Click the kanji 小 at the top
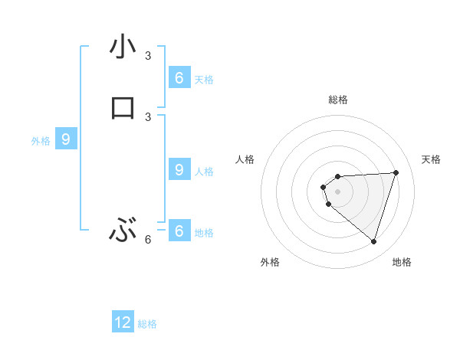tap(123, 47)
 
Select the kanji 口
tap(123, 108)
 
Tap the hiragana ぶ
tap(123, 230)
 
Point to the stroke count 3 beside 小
tap(148, 56)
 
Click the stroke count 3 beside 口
tap(148, 116)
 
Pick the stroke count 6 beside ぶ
tap(148, 239)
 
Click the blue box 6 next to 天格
tap(179, 77)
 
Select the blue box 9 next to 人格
tap(179, 169)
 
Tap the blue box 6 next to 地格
tap(179, 231)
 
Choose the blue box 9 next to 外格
tap(66, 139)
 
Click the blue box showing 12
tap(123, 322)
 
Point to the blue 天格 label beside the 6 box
tap(204, 79)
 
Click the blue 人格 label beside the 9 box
tap(204, 171)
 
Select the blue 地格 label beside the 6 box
tap(204, 232)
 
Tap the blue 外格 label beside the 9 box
tap(41, 141)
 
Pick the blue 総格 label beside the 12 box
tap(147, 324)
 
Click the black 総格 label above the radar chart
tap(338, 100)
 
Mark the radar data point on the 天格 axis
tap(396, 172)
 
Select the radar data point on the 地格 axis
tap(373, 241)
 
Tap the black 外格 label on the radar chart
tap(270, 262)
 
